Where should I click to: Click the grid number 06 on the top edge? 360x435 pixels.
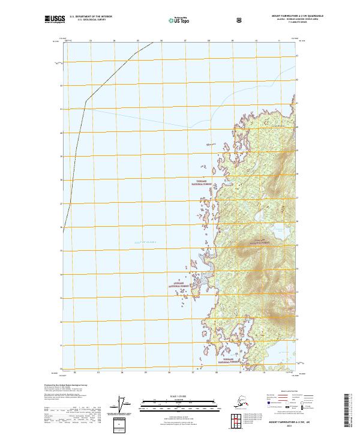(161, 41)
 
